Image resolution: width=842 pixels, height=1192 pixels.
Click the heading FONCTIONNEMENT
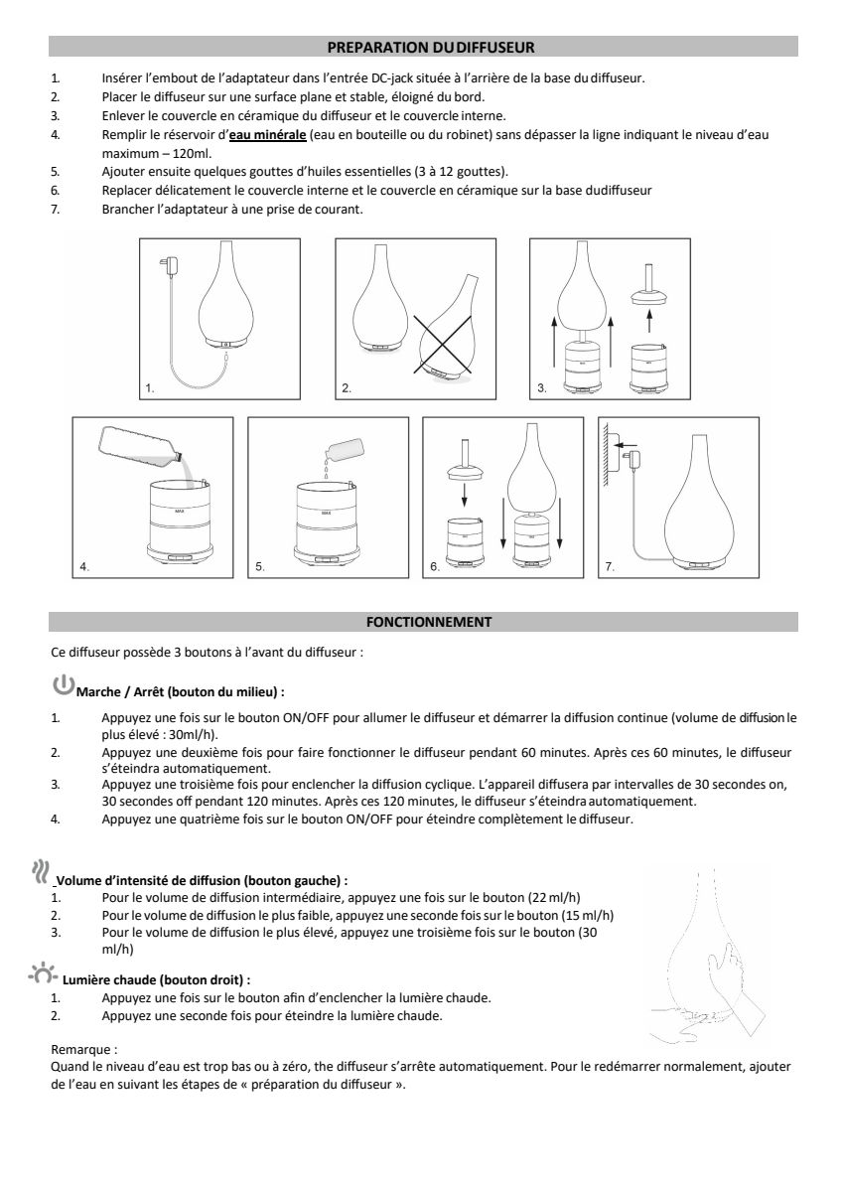429,622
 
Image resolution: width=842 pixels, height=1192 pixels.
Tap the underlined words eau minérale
267,134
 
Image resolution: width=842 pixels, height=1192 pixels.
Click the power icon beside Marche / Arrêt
63,684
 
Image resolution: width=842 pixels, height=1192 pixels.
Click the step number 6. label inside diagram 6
434,567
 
